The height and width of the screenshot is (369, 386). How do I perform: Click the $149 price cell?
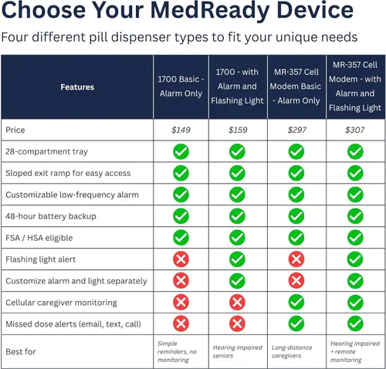181,130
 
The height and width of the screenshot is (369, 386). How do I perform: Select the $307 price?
355,130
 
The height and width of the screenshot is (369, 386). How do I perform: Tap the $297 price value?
297,130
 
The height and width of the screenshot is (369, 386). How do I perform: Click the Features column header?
77,87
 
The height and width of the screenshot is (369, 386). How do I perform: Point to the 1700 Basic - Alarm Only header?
181,86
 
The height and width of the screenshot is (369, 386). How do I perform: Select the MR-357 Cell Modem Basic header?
296,86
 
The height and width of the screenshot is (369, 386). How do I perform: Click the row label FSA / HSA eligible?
39,238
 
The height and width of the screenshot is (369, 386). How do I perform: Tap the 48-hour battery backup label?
51,216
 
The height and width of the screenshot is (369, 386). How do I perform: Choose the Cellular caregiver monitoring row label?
61,303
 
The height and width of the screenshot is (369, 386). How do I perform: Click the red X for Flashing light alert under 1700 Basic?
181,259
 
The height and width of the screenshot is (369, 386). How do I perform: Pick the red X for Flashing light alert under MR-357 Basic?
296,259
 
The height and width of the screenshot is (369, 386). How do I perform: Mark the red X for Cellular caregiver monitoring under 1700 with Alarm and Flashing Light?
237,303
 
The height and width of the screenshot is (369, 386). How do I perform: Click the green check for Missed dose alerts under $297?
296,323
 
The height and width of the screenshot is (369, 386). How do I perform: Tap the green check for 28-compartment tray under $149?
181,151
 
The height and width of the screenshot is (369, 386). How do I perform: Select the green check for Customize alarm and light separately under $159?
237,281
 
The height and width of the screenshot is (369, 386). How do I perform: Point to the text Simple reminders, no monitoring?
177,351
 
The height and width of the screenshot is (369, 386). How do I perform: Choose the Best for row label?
21,351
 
